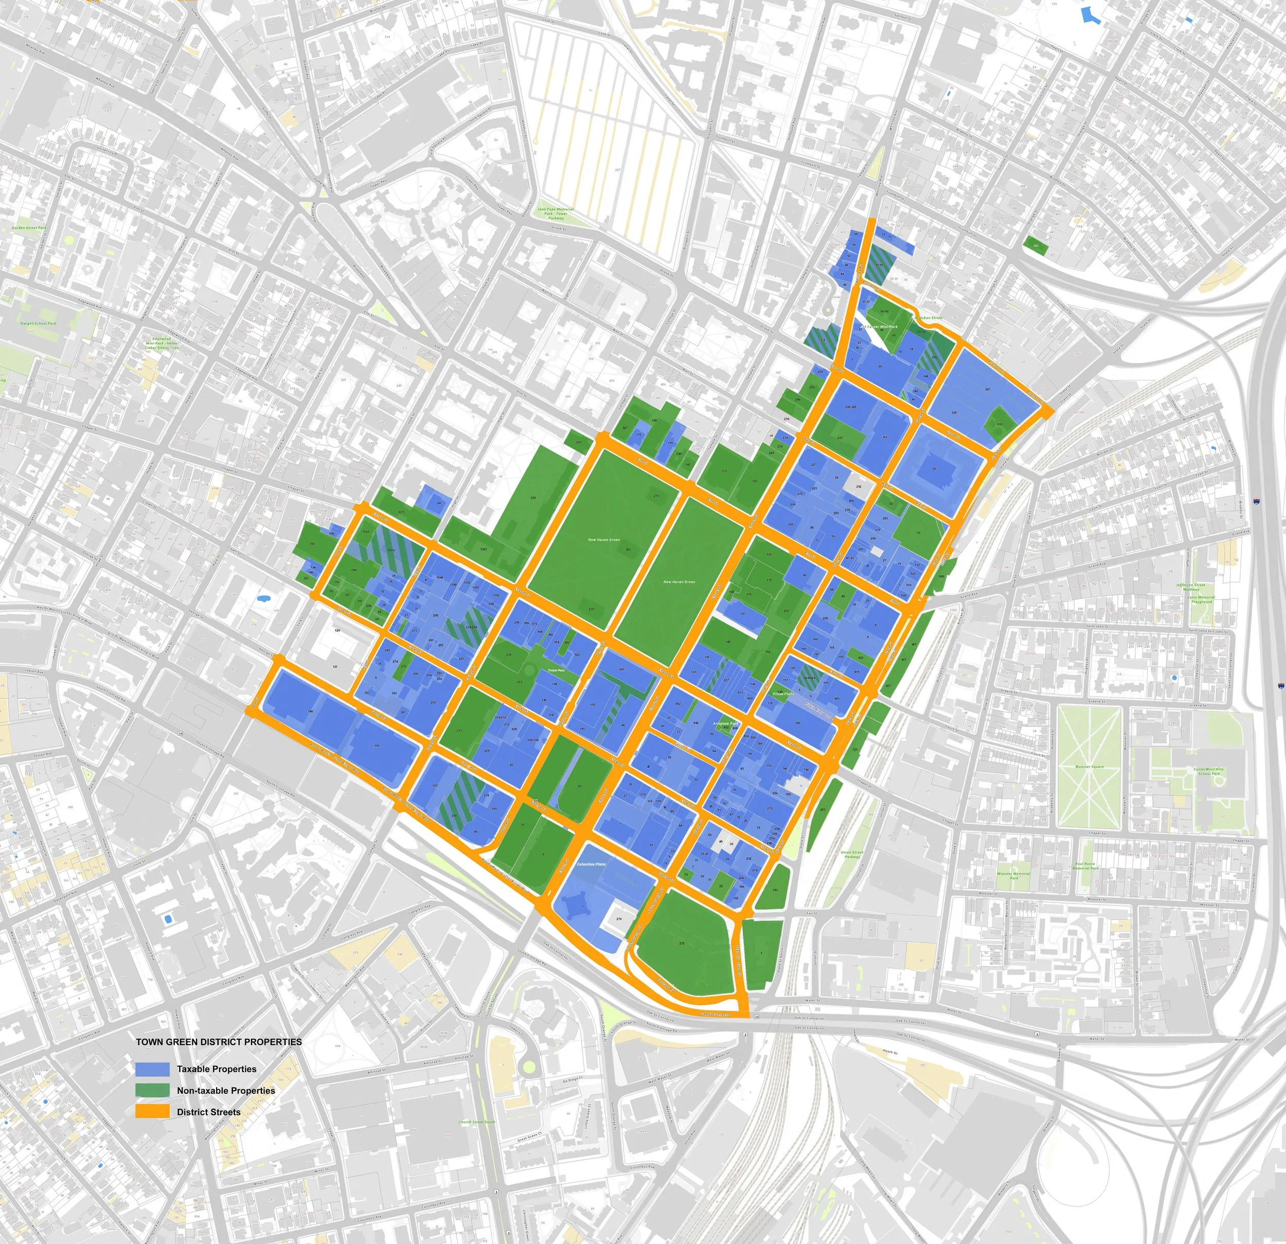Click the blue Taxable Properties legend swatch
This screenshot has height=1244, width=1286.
[152, 1069]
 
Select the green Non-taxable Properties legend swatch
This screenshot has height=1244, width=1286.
[152, 1090]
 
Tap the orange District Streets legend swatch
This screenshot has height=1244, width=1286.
[152, 1111]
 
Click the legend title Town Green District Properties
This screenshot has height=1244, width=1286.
[219, 1042]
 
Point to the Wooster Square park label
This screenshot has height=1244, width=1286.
[1089, 766]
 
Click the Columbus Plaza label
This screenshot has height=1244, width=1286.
[591, 864]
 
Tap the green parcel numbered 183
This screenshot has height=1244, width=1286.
[776, 890]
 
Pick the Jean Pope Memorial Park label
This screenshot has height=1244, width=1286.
[556, 213]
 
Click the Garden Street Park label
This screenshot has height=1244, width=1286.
[29, 228]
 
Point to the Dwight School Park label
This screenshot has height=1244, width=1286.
[38, 323]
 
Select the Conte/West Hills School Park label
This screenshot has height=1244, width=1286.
[1208, 771]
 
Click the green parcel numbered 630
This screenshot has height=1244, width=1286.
[1000, 423]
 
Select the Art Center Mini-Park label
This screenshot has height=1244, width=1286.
[879, 326]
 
